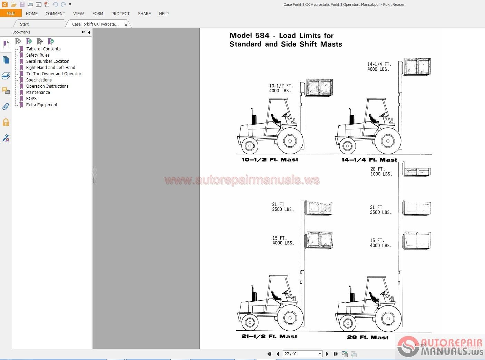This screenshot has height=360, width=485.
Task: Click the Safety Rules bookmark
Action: click(38, 55)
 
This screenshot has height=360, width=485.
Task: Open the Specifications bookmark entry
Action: click(39, 80)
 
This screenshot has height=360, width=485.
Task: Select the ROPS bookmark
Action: click(31, 99)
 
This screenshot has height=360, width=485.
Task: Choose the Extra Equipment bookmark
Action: click(42, 105)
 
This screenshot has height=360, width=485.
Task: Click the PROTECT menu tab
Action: click(120, 14)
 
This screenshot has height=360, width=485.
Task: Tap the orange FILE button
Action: click(11, 13)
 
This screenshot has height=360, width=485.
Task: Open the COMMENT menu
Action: click(55, 14)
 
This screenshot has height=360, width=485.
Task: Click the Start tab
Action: click(24, 24)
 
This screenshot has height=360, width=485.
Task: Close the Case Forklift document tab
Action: click(126, 25)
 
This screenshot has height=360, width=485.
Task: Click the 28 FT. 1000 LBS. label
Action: click(381, 172)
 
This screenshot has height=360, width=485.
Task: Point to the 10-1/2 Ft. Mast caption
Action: click(270, 160)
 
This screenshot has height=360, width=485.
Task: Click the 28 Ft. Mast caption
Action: click(368, 337)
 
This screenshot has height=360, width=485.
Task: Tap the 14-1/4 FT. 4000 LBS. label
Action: click(379, 67)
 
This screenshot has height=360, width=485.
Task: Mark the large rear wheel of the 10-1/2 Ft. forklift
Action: click(290, 141)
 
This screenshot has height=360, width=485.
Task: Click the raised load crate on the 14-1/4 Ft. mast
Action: click(417, 67)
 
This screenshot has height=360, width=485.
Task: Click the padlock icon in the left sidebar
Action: click(6, 122)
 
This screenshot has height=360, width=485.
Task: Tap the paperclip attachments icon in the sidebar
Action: click(6, 107)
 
